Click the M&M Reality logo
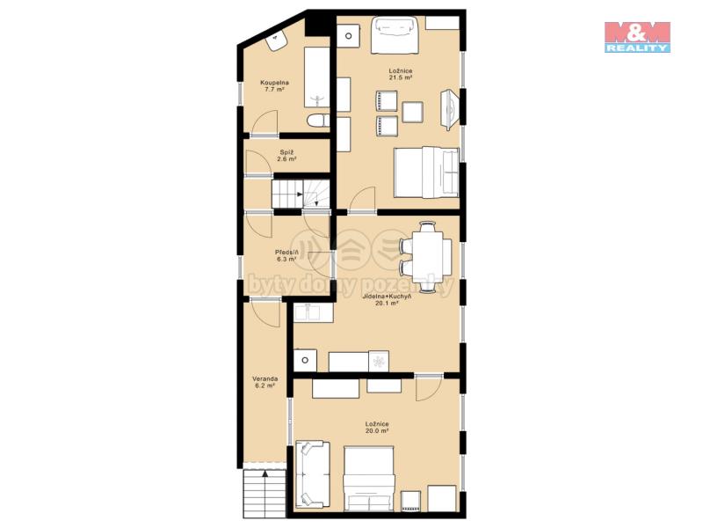pyautogui.click(x=637, y=37)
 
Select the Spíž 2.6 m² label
pyautogui.click(x=286, y=156)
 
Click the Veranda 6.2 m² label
pyautogui.click(x=265, y=382)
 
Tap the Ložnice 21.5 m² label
pyautogui.click(x=401, y=74)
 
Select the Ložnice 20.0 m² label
pyautogui.click(x=377, y=427)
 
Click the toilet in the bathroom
pyautogui.click(x=318, y=121)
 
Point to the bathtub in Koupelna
pyautogui.click(x=317, y=77)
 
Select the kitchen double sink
pyautogui.click(x=314, y=312)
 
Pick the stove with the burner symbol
pyautogui.click(x=379, y=362)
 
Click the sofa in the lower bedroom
pyautogui.click(x=313, y=474)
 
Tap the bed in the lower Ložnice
pyautogui.click(x=369, y=478)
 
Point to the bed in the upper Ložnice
pyautogui.click(x=426, y=172)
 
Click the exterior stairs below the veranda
pyautogui.click(x=265, y=494)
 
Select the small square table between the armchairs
pyautogui.click(x=412, y=113)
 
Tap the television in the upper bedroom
pyautogui.click(x=451, y=110)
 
